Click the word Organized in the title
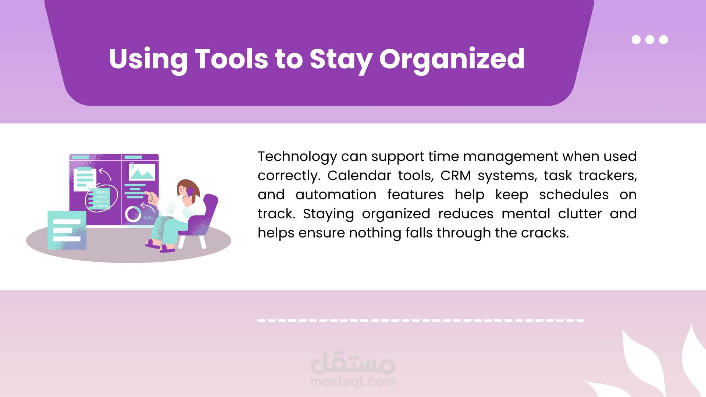click(x=452, y=60)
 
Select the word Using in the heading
click(x=148, y=60)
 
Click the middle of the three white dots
click(x=650, y=40)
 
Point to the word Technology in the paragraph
click(x=297, y=157)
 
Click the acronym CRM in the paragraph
click(x=456, y=176)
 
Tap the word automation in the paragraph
click(x=336, y=195)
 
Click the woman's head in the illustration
click(x=187, y=190)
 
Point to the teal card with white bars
click(x=67, y=230)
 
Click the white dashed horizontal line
click(x=421, y=321)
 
